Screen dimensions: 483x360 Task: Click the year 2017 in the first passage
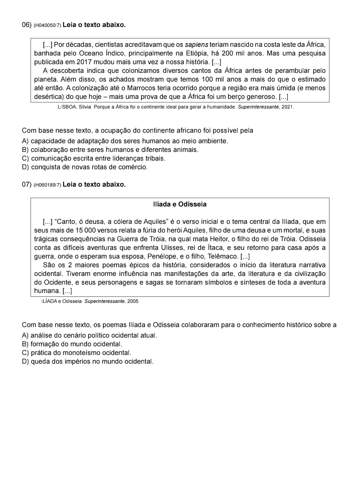tap(83, 62)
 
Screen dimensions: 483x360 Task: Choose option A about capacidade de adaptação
tap(125, 141)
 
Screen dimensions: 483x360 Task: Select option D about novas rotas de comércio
tap(85, 167)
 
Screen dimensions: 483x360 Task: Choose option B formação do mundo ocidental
tap(72, 344)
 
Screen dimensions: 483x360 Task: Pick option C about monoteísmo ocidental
tap(77, 353)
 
